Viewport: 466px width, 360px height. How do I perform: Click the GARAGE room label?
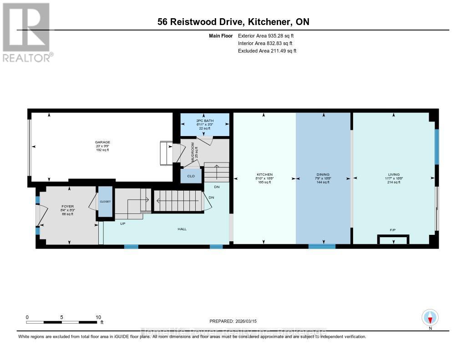(x=102, y=142)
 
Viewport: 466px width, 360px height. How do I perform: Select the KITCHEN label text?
(x=264, y=175)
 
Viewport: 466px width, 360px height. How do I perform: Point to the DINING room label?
(x=323, y=175)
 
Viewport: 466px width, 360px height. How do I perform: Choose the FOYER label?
(x=67, y=207)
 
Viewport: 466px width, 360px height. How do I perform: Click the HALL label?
(x=182, y=229)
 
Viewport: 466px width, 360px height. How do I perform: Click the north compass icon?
(x=430, y=317)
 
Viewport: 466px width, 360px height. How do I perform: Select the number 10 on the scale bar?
(x=98, y=317)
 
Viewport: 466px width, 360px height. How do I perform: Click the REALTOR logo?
(x=27, y=32)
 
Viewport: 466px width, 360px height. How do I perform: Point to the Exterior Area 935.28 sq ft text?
(x=269, y=35)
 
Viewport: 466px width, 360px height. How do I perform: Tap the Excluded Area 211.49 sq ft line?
(x=267, y=51)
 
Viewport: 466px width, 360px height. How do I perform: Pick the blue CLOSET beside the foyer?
(x=105, y=202)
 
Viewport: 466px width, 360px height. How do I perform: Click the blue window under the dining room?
(x=322, y=247)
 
